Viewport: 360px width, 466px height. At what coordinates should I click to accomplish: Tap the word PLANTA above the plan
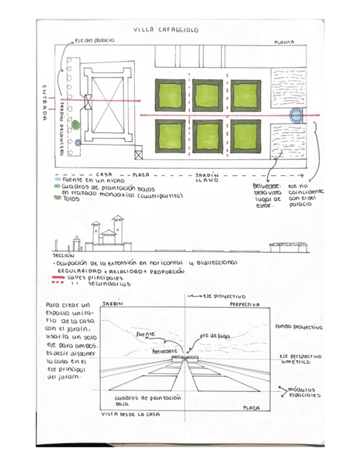point(284,42)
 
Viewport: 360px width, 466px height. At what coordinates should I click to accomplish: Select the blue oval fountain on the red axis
point(296,115)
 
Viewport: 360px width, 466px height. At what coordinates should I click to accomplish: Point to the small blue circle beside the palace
point(78,143)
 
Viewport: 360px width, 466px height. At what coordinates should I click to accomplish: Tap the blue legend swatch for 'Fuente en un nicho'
point(58,180)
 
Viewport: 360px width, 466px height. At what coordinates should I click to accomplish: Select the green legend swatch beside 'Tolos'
point(58,198)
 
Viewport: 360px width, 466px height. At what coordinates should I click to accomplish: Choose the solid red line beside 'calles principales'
point(57,278)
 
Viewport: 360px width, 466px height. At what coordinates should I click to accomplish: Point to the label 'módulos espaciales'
point(303,392)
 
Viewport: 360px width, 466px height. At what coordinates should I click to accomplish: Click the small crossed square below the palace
point(139,155)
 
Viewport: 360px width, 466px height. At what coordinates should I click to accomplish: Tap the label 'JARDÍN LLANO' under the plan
point(207,177)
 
